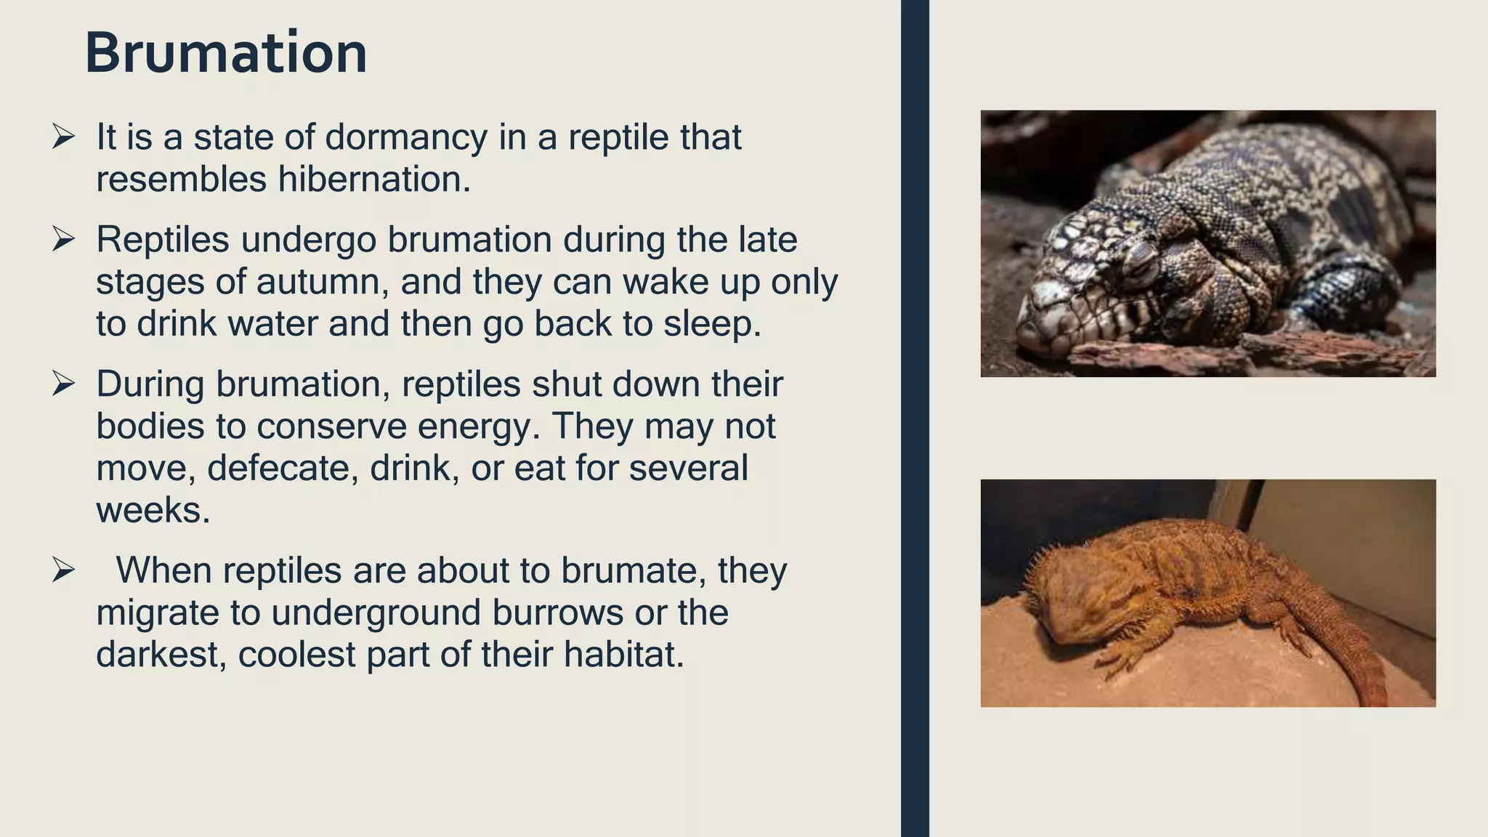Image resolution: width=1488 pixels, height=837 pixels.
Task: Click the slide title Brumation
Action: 226,53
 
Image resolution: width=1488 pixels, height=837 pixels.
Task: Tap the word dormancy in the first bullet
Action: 406,137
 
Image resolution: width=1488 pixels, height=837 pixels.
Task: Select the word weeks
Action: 153,510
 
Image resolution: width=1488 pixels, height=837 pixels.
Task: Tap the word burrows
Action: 557,612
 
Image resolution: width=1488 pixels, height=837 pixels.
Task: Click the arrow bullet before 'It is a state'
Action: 64,137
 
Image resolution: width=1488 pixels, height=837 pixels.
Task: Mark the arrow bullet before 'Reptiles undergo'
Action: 64,239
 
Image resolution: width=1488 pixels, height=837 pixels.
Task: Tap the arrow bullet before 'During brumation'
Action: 64,384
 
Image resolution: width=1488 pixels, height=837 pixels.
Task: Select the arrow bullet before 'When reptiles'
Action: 64,570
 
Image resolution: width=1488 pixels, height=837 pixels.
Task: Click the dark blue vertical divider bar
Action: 915,418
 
